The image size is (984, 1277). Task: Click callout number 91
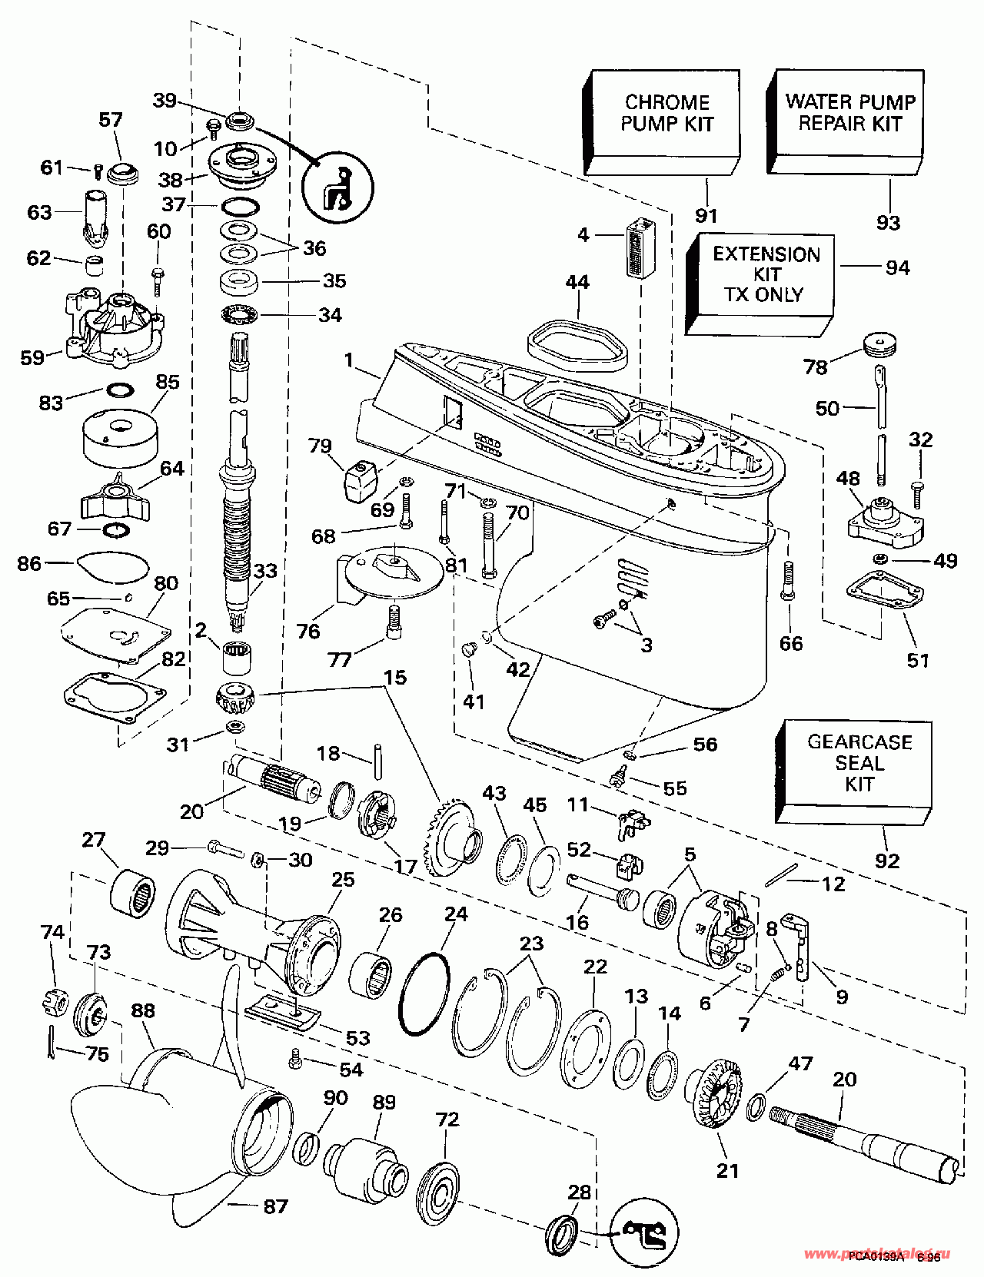coord(706,217)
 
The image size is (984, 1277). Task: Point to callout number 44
coord(577,283)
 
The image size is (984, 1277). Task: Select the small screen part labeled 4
coord(640,247)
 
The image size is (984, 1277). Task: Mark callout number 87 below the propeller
coord(275,1206)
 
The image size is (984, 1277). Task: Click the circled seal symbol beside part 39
coord(337,188)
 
